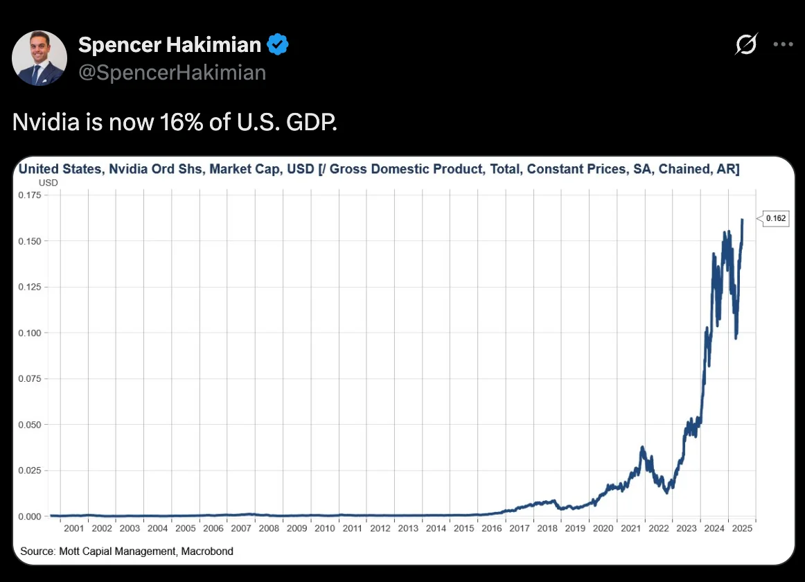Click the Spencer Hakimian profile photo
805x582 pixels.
pyautogui.click(x=39, y=58)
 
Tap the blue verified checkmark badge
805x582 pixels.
pyautogui.click(x=278, y=45)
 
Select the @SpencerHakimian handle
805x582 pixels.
pyautogui.click(x=172, y=73)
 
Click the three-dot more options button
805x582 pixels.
pyautogui.click(x=783, y=45)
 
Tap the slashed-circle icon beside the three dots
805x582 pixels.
pyautogui.click(x=746, y=45)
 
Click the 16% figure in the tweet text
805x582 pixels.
pyautogui.click(x=182, y=123)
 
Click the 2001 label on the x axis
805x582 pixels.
pyautogui.click(x=73, y=529)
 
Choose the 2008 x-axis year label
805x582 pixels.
pyautogui.click(x=269, y=529)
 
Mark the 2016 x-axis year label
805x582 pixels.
pyautogui.click(x=492, y=529)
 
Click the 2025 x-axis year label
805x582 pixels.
pyautogui.click(x=742, y=529)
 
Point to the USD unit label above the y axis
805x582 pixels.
pyautogui.click(x=48, y=183)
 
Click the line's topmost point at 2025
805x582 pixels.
pyautogui.click(x=742, y=220)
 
